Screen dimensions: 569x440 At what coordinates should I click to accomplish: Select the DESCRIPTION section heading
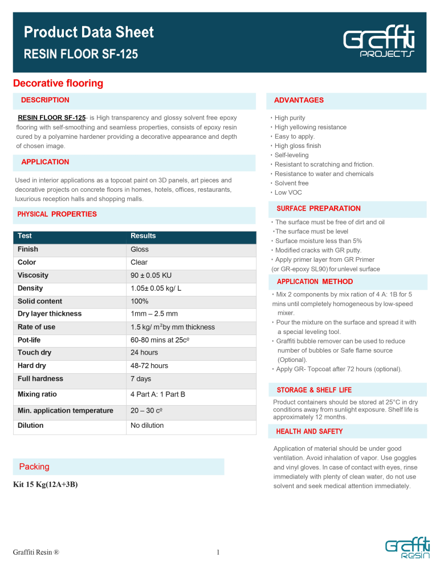[45, 100]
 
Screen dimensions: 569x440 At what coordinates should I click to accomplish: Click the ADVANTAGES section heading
[299, 100]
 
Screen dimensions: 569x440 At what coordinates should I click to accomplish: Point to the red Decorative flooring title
[58, 84]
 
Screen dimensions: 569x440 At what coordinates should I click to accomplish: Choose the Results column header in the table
[143, 236]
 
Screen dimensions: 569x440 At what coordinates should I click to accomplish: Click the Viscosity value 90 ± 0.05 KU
[151, 275]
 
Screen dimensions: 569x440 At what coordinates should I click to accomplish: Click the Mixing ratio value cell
[158, 394]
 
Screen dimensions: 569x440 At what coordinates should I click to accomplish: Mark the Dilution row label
[31, 425]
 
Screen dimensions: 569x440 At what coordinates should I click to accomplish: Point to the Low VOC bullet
[288, 193]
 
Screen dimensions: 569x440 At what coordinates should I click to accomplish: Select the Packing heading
[34, 467]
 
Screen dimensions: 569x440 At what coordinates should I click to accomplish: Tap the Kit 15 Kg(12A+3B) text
[46, 485]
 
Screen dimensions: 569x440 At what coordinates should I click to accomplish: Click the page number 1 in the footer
[219, 551]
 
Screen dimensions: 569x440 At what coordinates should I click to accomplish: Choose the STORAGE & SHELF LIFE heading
[314, 390]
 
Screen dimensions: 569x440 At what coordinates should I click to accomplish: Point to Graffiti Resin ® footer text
[36, 551]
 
